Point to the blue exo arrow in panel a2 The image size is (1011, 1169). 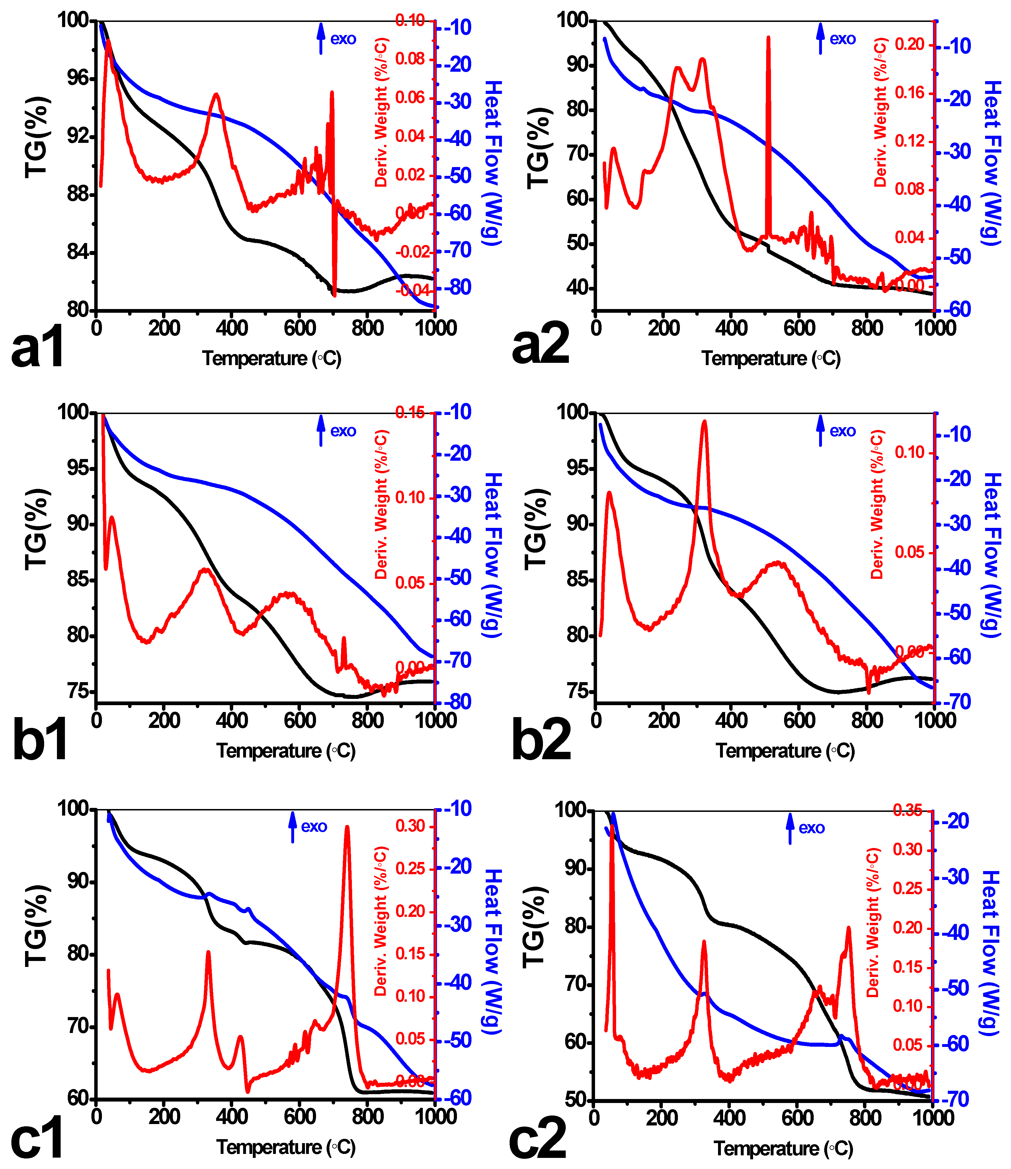tap(820, 38)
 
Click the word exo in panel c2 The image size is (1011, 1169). tap(812, 828)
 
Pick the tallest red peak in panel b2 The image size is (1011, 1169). tap(704, 421)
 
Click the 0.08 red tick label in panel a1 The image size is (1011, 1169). tap(410, 59)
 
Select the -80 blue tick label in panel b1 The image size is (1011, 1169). tap(457, 702)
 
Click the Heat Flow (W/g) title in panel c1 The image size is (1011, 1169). tap(492, 952)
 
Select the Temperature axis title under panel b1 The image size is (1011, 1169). tap(286, 751)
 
